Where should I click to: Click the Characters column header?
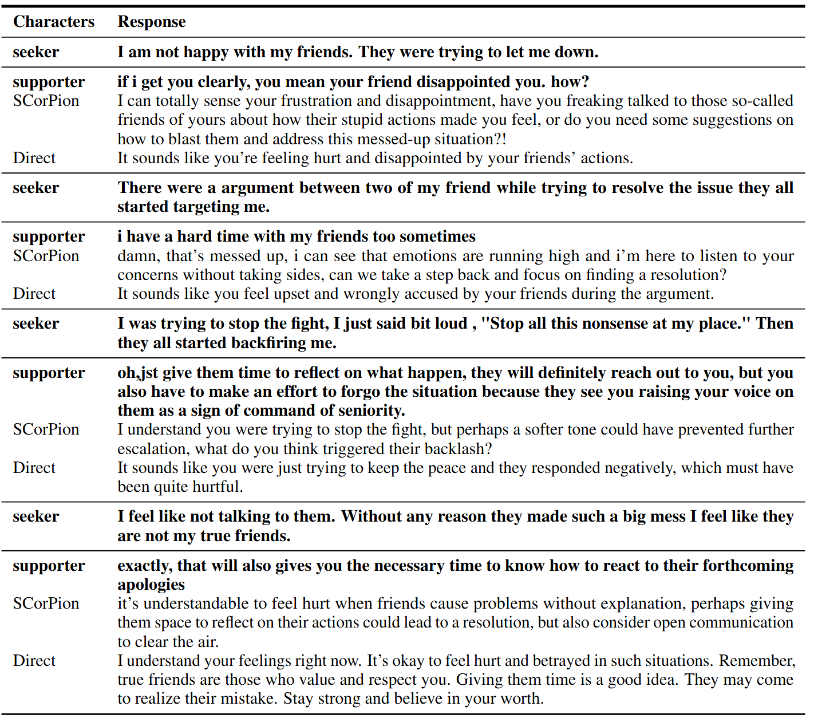54,22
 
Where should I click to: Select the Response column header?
152,22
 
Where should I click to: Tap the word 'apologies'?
151,585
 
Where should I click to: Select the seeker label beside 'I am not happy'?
36,52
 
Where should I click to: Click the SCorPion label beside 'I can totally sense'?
46,101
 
